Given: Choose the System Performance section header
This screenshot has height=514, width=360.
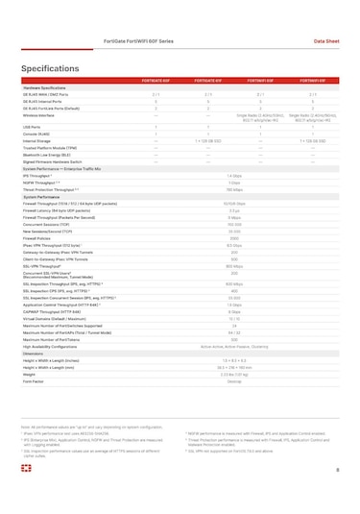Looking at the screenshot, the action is pyautogui.click(x=46, y=195).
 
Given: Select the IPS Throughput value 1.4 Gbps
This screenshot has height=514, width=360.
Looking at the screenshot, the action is pyautogui.click(x=234, y=176).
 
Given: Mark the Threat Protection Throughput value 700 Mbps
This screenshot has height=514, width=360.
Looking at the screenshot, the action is pyautogui.click(x=234, y=189).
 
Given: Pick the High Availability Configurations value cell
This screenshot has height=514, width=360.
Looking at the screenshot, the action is pyautogui.click(x=234, y=345).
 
